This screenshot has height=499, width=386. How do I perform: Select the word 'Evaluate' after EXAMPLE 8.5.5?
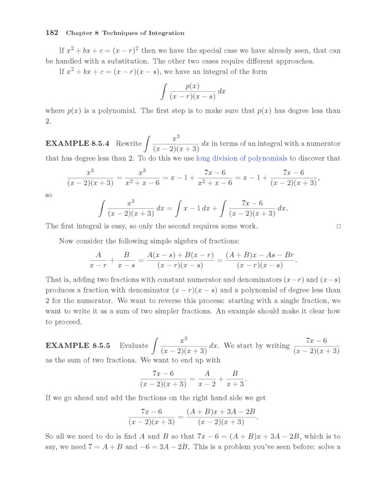point(134,346)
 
